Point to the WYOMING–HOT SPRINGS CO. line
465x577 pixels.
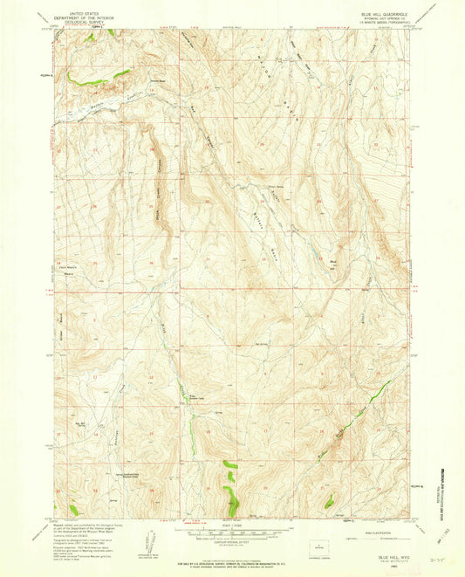point(378,17)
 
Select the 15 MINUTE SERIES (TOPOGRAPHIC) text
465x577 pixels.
point(378,22)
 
